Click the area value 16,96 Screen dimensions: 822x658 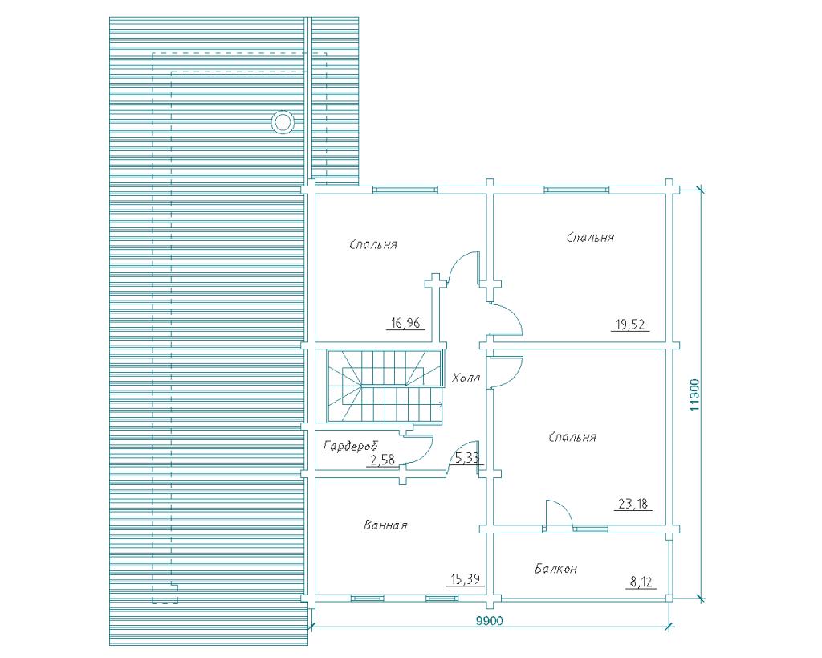click(x=405, y=323)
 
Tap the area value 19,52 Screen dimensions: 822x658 click(x=630, y=325)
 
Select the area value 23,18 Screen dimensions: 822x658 click(x=633, y=505)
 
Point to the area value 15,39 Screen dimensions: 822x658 click(x=465, y=579)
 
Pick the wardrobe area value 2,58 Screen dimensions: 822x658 click(x=382, y=460)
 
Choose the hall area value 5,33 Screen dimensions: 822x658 click(x=467, y=458)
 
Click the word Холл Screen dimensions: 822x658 click(x=466, y=378)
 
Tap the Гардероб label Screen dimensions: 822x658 click(x=350, y=446)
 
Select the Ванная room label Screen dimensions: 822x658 click(x=385, y=525)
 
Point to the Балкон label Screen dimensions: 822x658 click(x=556, y=568)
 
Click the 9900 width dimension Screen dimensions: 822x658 click(x=490, y=621)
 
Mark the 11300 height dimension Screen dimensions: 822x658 click(x=694, y=394)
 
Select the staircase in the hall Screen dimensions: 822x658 click(x=385, y=386)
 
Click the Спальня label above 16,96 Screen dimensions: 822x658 click(x=373, y=244)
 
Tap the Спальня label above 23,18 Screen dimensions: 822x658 click(x=572, y=437)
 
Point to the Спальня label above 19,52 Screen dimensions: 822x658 click(x=590, y=237)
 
